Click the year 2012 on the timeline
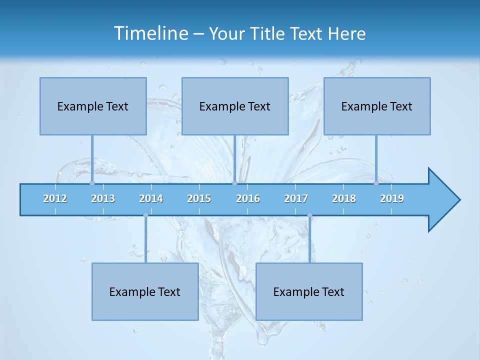coord(55,198)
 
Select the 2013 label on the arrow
coord(103,198)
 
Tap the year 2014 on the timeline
coord(151,198)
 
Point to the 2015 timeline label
coord(199,198)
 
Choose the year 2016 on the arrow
coord(248,198)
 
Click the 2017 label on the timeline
coord(296,198)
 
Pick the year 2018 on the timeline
coord(344,198)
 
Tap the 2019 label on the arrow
coord(392,198)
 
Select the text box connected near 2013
coord(93,106)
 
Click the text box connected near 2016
coord(235,106)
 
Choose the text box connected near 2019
coord(377,106)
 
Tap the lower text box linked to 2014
coord(145,291)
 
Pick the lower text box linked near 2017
coord(309,291)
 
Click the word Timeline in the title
coord(150,33)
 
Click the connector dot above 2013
coord(92,183)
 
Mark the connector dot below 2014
coord(145,215)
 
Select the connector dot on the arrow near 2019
coord(376,183)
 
